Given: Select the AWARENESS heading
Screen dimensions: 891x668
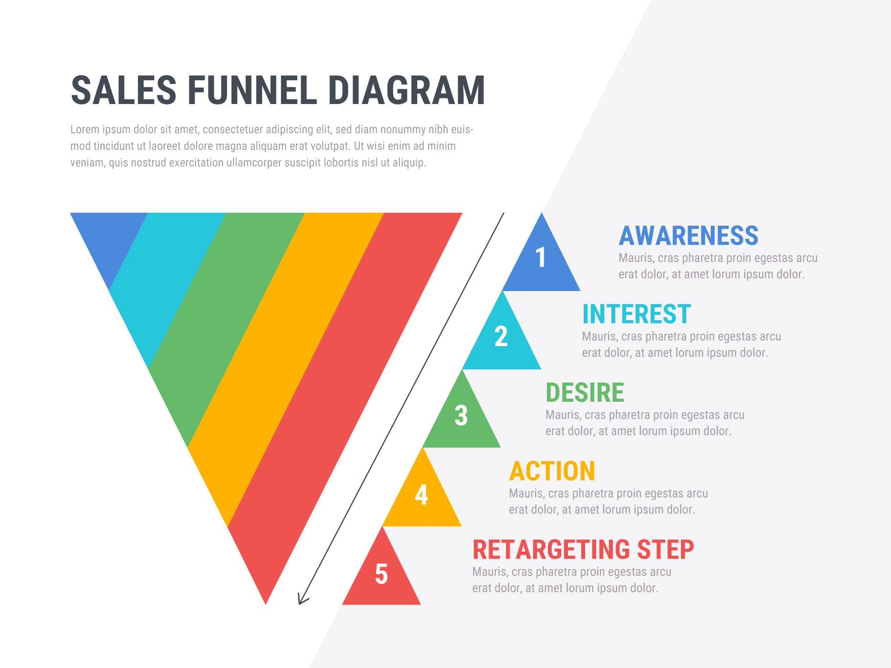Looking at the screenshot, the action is point(688,236).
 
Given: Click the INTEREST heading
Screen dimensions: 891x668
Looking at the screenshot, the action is point(636,314).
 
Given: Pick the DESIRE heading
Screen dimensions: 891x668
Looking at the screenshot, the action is point(585,393).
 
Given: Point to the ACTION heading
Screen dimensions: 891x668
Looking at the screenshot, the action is point(552,471).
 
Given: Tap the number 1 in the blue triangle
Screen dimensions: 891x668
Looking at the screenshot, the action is point(541,258).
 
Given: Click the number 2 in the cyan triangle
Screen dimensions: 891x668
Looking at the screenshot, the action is point(501,336).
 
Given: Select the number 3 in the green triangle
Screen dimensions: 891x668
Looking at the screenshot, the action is point(461,415).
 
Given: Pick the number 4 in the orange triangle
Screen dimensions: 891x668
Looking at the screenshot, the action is point(421,494).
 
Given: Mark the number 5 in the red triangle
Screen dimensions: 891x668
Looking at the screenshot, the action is point(381,573).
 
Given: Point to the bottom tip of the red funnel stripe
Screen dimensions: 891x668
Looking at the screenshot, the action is point(266,604).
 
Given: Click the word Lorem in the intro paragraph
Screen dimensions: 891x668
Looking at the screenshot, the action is point(85,129).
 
